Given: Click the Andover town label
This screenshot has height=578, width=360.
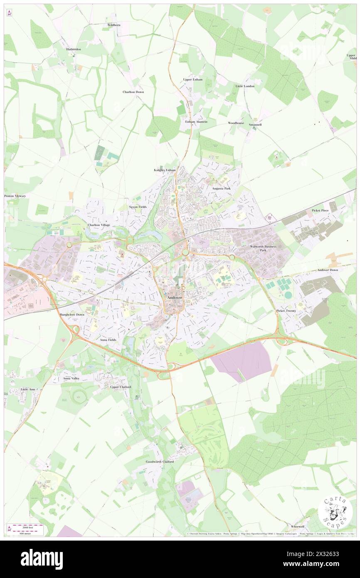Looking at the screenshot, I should pos(174,298).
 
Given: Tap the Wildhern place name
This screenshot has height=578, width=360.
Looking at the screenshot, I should pos(113,25).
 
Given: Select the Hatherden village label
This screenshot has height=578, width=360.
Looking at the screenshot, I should pos(74,49).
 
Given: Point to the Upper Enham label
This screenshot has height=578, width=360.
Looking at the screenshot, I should pos(193,79).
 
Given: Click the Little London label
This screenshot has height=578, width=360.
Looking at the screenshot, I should pos(245,86).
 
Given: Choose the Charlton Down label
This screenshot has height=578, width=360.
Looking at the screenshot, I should pos(133,92).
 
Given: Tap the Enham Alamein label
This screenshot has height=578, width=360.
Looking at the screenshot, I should pos(196,122).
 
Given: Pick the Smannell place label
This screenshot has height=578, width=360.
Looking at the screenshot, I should pos(255,125).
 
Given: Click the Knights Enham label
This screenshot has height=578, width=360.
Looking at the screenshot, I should pos(165,170).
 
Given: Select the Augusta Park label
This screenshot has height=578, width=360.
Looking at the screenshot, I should pos(221,188).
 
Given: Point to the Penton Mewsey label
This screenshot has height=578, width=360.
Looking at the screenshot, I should pos(15,196).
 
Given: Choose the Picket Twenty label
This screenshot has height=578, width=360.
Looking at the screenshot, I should pos(286,311).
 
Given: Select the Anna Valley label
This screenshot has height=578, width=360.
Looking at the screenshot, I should pos(71,379).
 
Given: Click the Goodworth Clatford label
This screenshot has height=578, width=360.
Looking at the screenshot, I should pos(160,462).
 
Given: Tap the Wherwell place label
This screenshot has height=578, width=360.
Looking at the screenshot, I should pos(298,526).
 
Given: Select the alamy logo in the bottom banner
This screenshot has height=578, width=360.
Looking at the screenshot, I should pos(42,559).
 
